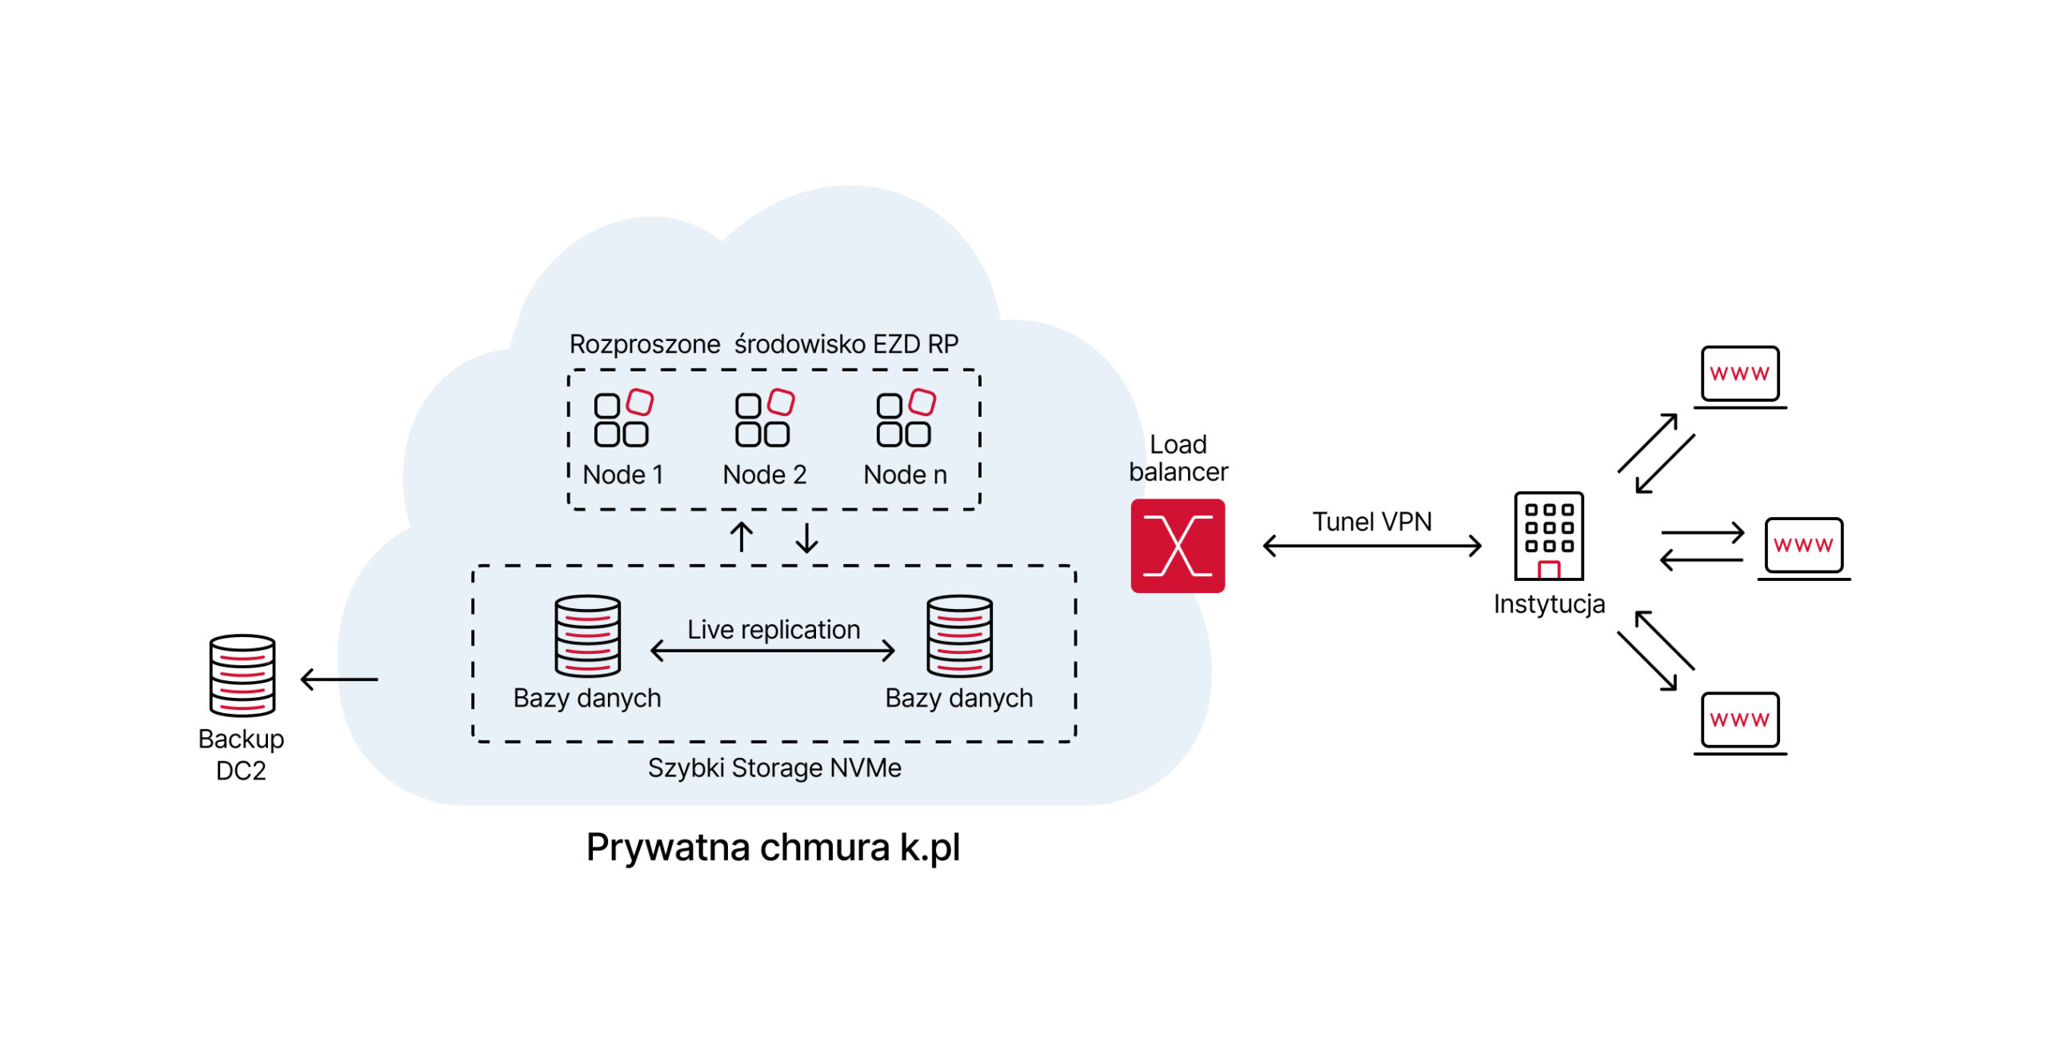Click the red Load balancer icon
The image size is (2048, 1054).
(x=1178, y=546)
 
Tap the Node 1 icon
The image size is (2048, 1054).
(x=623, y=418)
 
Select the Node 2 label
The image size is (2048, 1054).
(x=764, y=475)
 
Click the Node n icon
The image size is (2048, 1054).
(x=906, y=418)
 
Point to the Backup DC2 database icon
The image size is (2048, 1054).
(x=242, y=675)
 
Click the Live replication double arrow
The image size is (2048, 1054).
(x=773, y=651)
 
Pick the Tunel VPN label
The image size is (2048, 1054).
(x=1372, y=522)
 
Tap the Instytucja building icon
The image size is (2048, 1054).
(x=1549, y=535)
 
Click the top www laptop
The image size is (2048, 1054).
(x=1740, y=378)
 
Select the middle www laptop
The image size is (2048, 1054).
(x=1804, y=549)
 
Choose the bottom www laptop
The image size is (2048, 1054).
(x=1740, y=723)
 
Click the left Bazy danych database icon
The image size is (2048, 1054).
(x=588, y=636)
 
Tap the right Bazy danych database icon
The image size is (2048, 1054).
(x=959, y=636)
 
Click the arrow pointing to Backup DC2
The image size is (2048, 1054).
(x=339, y=679)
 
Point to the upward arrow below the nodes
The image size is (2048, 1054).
(x=742, y=537)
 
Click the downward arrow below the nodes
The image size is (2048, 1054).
(x=807, y=538)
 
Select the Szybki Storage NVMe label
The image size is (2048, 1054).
(x=774, y=767)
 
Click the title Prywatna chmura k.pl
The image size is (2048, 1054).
(x=773, y=848)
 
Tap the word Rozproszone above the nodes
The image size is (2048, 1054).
(x=645, y=344)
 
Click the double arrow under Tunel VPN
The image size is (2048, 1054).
(x=1372, y=546)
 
